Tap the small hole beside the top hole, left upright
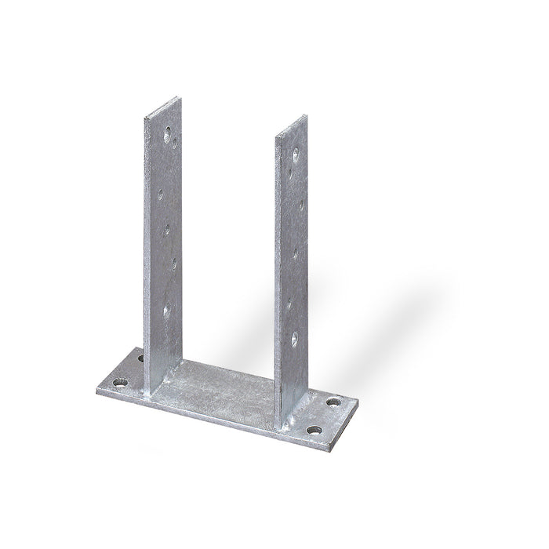176,144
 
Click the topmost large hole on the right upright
296,155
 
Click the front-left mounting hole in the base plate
119,384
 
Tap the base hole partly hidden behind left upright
141,358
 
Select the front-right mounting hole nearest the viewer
314,431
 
